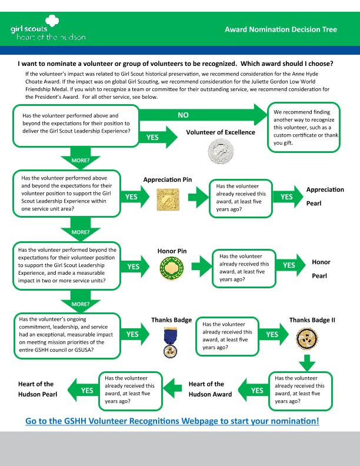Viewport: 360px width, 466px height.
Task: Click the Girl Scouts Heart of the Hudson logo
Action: [x=48, y=32]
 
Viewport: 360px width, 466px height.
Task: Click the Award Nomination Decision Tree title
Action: [x=281, y=29]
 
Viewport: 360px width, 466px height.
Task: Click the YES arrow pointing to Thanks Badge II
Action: [x=274, y=334]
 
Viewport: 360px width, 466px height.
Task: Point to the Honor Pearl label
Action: [x=321, y=268]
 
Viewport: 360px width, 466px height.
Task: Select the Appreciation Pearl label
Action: [x=325, y=197]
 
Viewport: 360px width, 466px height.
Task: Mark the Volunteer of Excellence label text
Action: [x=221, y=132]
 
